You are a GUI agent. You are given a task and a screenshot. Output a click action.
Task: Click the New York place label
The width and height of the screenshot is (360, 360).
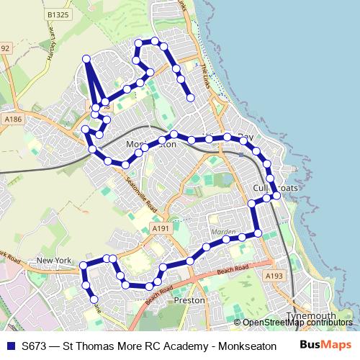tap(55, 261)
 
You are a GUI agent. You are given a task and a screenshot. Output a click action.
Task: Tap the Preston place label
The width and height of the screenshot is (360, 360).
tap(190, 300)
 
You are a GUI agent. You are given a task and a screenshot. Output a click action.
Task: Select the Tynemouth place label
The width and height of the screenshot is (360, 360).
tap(311, 315)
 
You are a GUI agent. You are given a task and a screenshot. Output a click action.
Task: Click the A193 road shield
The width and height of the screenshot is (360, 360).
tap(273, 276)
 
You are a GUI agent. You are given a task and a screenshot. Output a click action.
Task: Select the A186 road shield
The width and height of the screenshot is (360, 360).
tap(12, 118)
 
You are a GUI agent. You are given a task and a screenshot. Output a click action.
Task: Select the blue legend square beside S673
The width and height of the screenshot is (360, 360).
tap(10, 345)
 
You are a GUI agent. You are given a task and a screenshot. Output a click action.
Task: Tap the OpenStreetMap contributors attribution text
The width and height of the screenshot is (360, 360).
tap(297, 323)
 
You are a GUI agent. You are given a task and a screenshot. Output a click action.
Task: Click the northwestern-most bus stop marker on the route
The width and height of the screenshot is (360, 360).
tap(86, 58)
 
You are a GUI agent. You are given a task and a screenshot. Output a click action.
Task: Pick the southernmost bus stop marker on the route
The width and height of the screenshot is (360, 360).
tap(94, 299)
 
